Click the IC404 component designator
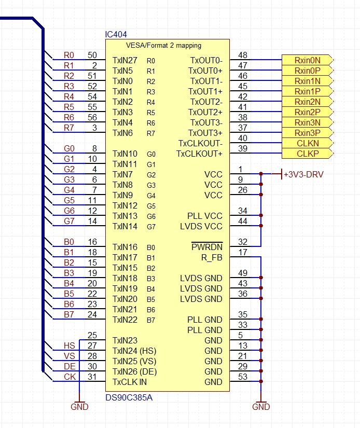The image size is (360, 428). coord(116,34)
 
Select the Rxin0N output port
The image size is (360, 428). coord(307,60)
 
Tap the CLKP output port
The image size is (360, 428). coord(307,154)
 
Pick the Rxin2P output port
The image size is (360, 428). coord(307,112)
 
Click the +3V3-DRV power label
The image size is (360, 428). coord(303,174)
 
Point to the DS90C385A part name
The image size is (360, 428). coord(129,397)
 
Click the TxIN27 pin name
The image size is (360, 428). coord(124,60)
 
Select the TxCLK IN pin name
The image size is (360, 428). coord(129,382)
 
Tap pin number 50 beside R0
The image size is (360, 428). coord(92,55)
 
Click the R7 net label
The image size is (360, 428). coord(69,128)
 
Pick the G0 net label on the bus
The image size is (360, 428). coord(69,148)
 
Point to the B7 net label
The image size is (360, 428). coord(69,314)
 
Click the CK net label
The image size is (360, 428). coord(70,377)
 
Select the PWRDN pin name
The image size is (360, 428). coord(207,247)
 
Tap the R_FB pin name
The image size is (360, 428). coord(212,258)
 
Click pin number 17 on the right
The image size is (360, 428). coord(243,252)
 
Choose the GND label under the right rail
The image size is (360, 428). coord(261,407)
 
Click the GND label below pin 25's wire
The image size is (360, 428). coord(79,407)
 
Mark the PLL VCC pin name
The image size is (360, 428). coord(205,216)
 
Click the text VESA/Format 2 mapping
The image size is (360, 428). coord(163,45)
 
